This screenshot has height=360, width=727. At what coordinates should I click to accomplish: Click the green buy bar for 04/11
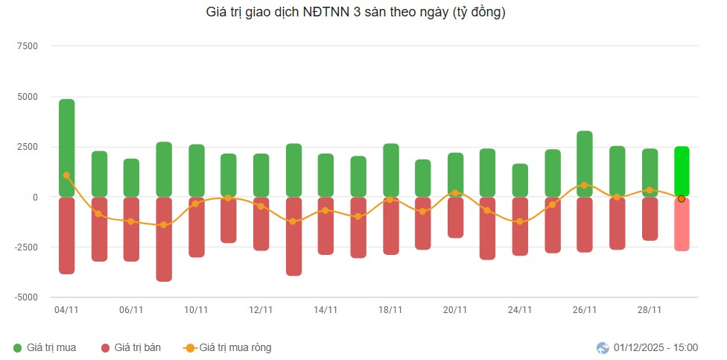tap(66, 148)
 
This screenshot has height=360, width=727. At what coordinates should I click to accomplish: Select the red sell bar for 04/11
tap(66, 236)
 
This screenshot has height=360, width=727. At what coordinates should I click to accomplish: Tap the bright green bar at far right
tap(682, 171)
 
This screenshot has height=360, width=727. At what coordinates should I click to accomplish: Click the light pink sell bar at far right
tap(682, 224)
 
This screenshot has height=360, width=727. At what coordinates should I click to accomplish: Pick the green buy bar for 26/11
tap(585, 164)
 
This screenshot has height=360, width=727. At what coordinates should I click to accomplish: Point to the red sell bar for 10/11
tap(196, 227)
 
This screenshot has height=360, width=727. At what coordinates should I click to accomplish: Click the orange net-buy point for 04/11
tap(66, 175)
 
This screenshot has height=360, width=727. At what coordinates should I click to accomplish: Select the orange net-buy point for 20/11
tap(455, 193)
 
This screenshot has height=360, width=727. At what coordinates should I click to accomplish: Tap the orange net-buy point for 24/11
tap(520, 221)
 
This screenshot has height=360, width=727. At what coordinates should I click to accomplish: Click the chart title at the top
tap(355, 13)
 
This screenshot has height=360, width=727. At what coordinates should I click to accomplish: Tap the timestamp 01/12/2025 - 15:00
tap(655, 347)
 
